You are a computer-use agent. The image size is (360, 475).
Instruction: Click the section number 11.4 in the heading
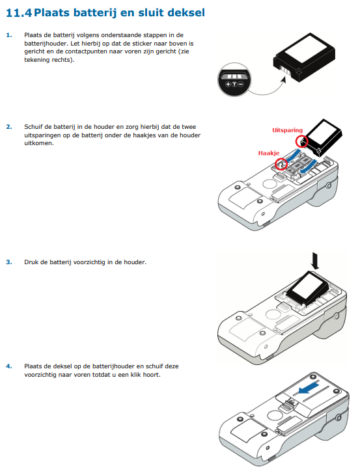(19, 13)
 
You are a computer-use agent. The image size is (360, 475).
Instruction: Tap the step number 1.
(9, 35)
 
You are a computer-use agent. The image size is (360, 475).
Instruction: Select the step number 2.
(9, 127)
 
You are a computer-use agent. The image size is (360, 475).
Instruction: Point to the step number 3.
(9, 262)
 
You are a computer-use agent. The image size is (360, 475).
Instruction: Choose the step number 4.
(9, 366)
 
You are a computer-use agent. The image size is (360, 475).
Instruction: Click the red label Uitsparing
(287, 130)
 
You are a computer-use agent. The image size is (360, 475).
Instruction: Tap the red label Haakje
(269, 153)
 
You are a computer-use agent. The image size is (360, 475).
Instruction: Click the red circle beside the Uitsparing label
(301, 141)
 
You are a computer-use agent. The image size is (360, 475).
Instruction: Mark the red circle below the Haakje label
(281, 164)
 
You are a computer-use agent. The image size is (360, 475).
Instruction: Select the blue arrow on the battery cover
(308, 388)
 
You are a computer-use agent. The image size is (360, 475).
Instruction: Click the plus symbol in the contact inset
(228, 84)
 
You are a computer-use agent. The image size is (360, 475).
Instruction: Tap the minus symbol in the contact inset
(241, 84)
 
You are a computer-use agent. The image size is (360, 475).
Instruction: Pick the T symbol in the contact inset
(234, 84)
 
